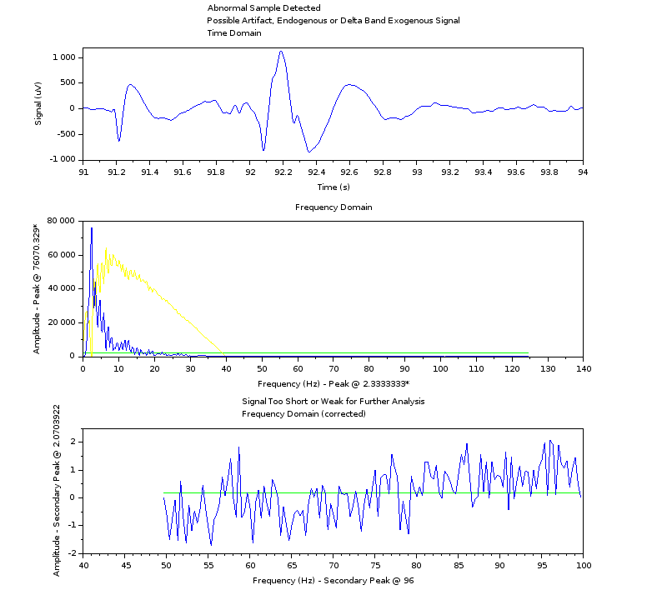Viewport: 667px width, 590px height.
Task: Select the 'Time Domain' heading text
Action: (x=234, y=33)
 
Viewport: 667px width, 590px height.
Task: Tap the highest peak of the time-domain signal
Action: (x=281, y=52)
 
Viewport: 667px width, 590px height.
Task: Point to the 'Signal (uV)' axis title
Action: (x=38, y=107)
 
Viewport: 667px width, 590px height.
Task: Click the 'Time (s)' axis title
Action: (x=333, y=187)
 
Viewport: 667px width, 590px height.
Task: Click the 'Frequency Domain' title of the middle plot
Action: (x=333, y=207)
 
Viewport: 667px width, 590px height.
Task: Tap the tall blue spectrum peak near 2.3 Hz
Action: (x=92, y=228)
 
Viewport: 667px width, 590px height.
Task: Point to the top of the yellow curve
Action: (x=106, y=249)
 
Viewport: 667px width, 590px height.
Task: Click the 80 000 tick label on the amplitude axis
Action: (x=62, y=221)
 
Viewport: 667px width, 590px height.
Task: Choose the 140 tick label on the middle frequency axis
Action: (x=583, y=368)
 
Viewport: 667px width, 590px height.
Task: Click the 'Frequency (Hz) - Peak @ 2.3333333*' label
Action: (x=333, y=383)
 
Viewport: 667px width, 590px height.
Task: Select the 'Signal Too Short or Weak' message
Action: (x=333, y=401)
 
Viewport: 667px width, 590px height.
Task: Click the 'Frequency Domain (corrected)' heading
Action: (x=303, y=413)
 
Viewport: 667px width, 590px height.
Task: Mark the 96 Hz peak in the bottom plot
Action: (x=550, y=441)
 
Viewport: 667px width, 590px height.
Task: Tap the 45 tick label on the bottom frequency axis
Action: (x=125, y=566)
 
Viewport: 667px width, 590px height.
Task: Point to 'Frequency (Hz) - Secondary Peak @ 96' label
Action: (x=333, y=580)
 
